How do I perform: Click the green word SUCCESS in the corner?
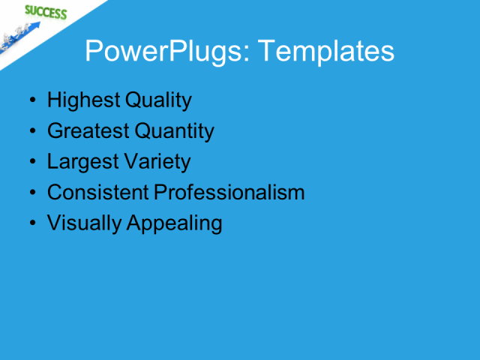pyautogui.click(x=45, y=12)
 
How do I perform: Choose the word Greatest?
pyautogui.click(x=88, y=131)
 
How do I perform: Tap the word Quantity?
pyautogui.click(x=175, y=131)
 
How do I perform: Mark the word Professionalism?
pyautogui.click(x=229, y=193)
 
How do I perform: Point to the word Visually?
pyautogui.click(x=82, y=223)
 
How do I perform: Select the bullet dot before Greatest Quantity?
pyautogui.click(x=31, y=132)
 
